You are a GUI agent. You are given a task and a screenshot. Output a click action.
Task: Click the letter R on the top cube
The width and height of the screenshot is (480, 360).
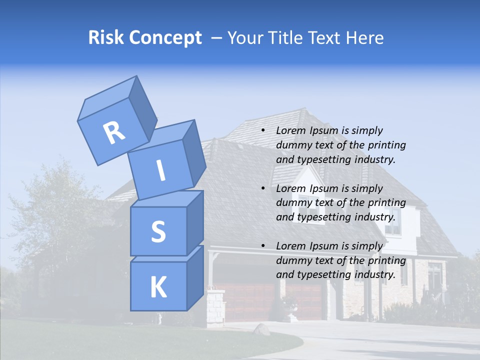tap(114, 132)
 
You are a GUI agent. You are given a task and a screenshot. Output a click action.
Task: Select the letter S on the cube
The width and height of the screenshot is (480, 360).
tap(158, 231)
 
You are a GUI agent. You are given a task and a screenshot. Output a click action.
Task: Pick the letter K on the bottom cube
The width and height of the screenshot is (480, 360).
tap(158, 287)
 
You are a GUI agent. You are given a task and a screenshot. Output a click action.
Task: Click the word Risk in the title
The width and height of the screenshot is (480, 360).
tap(105, 38)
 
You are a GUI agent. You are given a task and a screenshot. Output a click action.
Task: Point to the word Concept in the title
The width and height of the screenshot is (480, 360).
tap(164, 38)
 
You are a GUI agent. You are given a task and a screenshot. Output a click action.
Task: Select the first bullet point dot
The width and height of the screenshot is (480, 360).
tap(263, 130)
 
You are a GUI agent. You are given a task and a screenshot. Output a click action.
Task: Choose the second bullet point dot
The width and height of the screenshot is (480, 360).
tap(263, 188)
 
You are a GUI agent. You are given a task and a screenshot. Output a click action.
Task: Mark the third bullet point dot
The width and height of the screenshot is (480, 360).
tap(263, 246)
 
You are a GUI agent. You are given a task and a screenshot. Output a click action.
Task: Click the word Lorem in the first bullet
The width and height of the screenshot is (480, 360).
tap(290, 130)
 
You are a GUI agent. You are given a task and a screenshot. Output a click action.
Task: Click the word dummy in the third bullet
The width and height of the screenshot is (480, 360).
tap(292, 260)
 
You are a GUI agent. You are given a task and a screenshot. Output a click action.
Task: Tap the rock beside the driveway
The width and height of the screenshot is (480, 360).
tap(262, 329)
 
